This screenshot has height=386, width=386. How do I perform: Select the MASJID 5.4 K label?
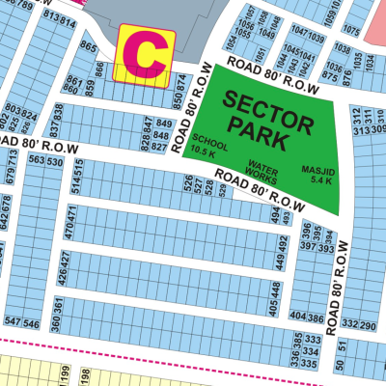click(317, 173)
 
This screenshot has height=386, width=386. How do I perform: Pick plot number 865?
click(89, 46)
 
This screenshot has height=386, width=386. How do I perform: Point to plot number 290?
click(368, 325)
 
